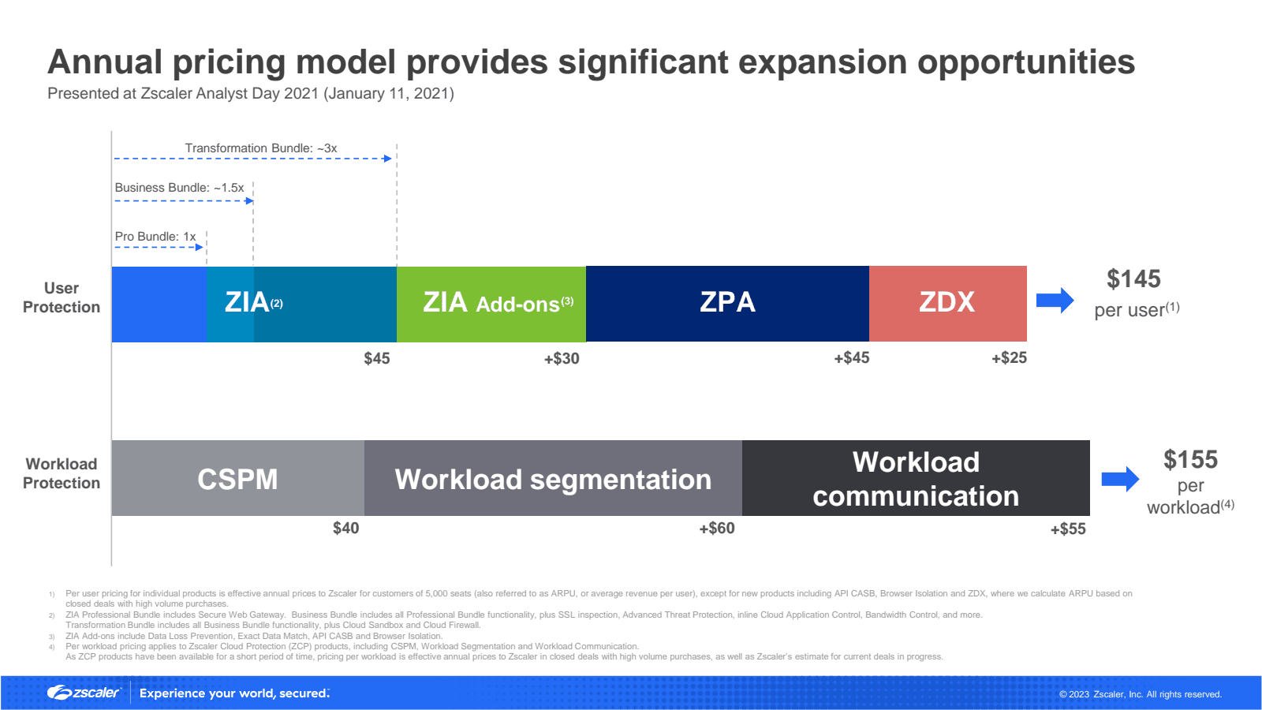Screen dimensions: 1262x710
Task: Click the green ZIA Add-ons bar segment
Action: pyautogui.click(x=491, y=304)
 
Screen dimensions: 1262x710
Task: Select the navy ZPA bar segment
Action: pyautogui.click(x=727, y=304)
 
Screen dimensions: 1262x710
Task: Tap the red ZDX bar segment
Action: pyautogui.click(x=948, y=304)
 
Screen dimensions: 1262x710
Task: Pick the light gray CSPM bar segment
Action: pyautogui.click(x=237, y=478)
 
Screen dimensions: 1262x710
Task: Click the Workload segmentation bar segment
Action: pyautogui.click(x=553, y=478)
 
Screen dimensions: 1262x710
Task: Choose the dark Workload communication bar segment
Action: pyautogui.click(x=916, y=478)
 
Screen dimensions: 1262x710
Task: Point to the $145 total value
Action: pyautogui.click(x=1133, y=279)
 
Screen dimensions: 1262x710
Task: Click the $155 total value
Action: pyautogui.click(x=1190, y=460)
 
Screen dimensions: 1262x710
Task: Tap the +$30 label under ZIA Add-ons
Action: pyautogui.click(x=562, y=358)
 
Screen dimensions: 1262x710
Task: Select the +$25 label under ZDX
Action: pyautogui.click(x=1009, y=358)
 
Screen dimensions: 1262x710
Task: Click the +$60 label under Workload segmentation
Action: pyautogui.click(x=717, y=528)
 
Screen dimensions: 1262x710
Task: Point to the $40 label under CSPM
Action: pyautogui.click(x=346, y=528)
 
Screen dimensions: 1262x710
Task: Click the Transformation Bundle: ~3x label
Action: pyautogui.click(x=261, y=148)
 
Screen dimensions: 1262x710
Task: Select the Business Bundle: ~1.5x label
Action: pyautogui.click(x=179, y=188)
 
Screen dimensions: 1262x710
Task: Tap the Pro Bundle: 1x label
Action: pyautogui.click(x=155, y=237)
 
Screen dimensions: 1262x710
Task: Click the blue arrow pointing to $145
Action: pyautogui.click(x=1055, y=301)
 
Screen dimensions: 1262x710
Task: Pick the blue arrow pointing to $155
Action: pyautogui.click(x=1121, y=479)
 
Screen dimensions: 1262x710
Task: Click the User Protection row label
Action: pyautogui.click(x=62, y=297)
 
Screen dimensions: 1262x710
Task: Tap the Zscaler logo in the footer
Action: pyautogui.click(x=84, y=693)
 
